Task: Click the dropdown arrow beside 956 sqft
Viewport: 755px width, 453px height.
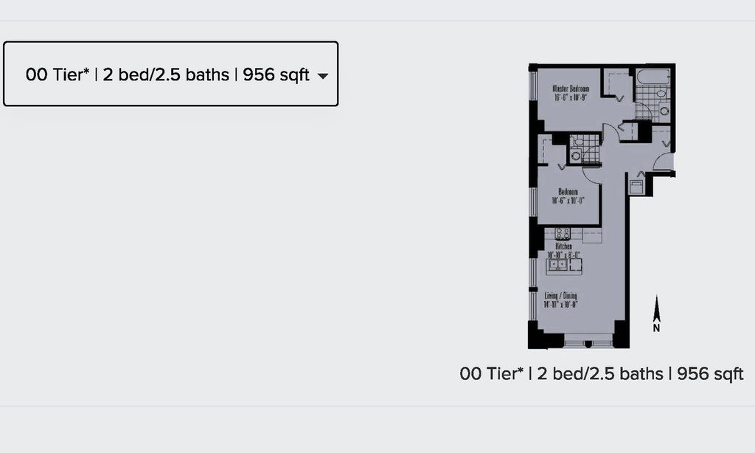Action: pyautogui.click(x=322, y=76)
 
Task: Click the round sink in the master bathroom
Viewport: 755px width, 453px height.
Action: pyautogui.click(x=664, y=111)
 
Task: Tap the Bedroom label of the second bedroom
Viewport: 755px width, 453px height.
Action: pyautogui.click(x=567, y=192)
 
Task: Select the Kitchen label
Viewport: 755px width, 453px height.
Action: pyautogui.click(x=564, y=246)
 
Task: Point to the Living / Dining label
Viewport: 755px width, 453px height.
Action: pyautogui.click(x=564, y=296)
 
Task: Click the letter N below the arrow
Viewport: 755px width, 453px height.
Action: pyautogui.click(x=656, y=328)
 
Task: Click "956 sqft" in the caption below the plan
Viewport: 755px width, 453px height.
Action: pyautogui.click(x=710, y=374)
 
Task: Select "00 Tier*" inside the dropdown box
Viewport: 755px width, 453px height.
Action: pyautogui.click(x=58, y=75)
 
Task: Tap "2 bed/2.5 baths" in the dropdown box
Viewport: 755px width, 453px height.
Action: pyautogui.click(x=166, y=75)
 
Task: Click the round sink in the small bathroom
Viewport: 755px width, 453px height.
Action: pyautogui.click(x=575, y=156)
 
